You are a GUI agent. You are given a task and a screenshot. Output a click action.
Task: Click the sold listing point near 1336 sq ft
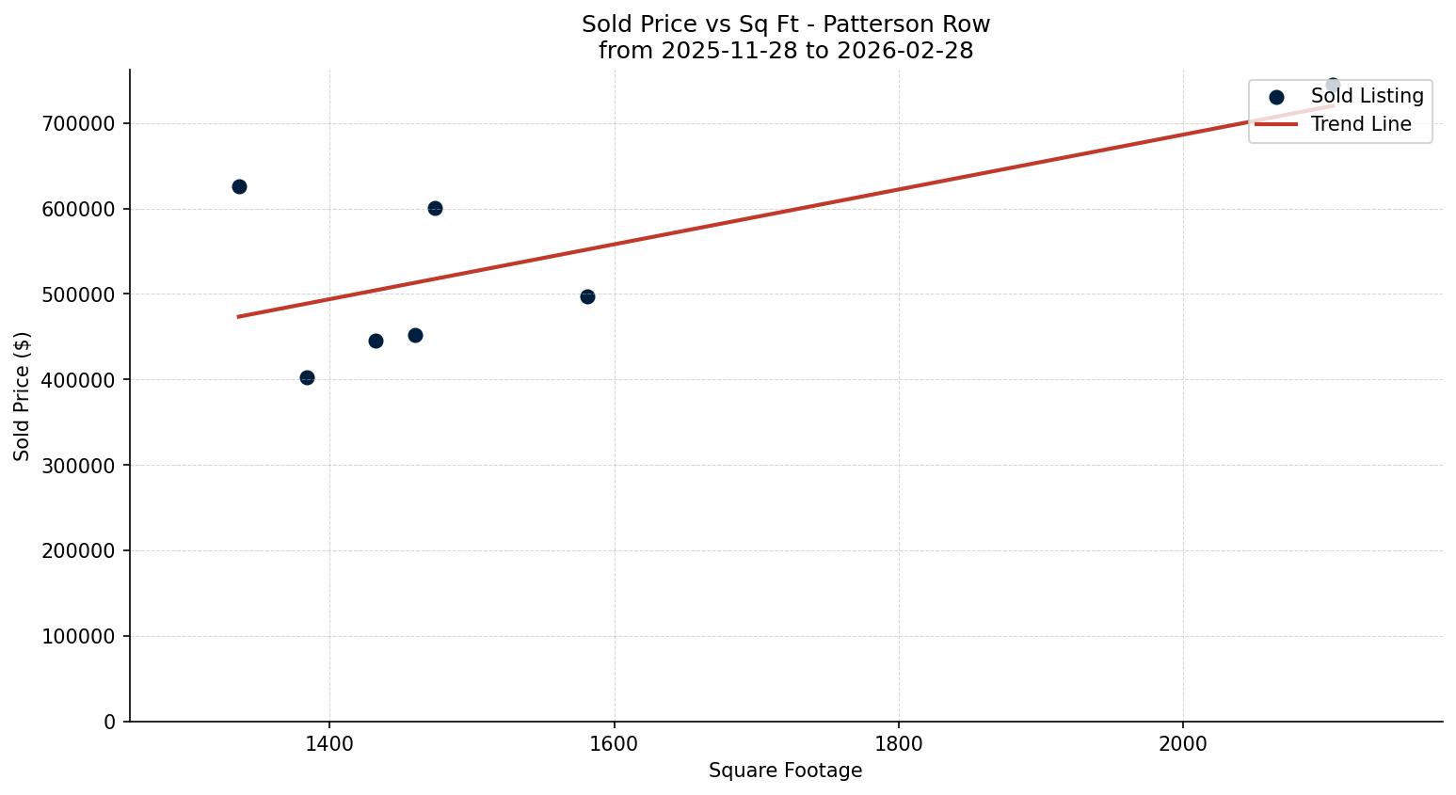click(x=239, y=186)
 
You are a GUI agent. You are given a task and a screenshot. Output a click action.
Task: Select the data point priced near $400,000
click(x=307, y=377)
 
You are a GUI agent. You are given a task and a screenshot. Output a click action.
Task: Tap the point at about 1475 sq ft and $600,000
click(x=435, y=208)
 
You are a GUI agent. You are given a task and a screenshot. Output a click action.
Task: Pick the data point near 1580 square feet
click(x=587, y=296)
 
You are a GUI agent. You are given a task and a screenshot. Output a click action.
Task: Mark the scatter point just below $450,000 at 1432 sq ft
click(x=376, y=341)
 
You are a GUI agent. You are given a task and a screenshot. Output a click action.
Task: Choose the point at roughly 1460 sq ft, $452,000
click(x=415, y=335)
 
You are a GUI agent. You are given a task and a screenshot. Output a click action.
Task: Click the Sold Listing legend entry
click(x=1366, y=96)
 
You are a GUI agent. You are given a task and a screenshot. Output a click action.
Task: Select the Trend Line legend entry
click(x=1360, y=124)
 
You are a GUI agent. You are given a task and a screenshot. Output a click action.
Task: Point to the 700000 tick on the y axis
click(x=79, y=123)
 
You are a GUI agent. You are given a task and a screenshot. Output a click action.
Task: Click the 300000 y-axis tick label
click(x=79, y=466)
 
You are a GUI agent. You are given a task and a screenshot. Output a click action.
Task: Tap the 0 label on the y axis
click(x=110, y=722)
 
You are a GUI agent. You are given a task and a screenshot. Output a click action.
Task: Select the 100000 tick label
click(x=79, y=636)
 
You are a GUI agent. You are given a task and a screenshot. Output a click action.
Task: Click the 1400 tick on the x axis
click(x=329, y=743)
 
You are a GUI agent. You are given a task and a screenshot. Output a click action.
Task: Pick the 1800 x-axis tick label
click(x=898, y=743)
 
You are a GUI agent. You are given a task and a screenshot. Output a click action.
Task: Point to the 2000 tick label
click(x=1183, y=743)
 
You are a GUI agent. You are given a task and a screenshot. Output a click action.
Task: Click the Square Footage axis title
click(x=785, y=771)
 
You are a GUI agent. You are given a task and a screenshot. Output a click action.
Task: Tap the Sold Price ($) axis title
click(x=23, y=396)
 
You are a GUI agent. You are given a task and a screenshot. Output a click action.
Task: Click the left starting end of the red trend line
click(x=239, y=316)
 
